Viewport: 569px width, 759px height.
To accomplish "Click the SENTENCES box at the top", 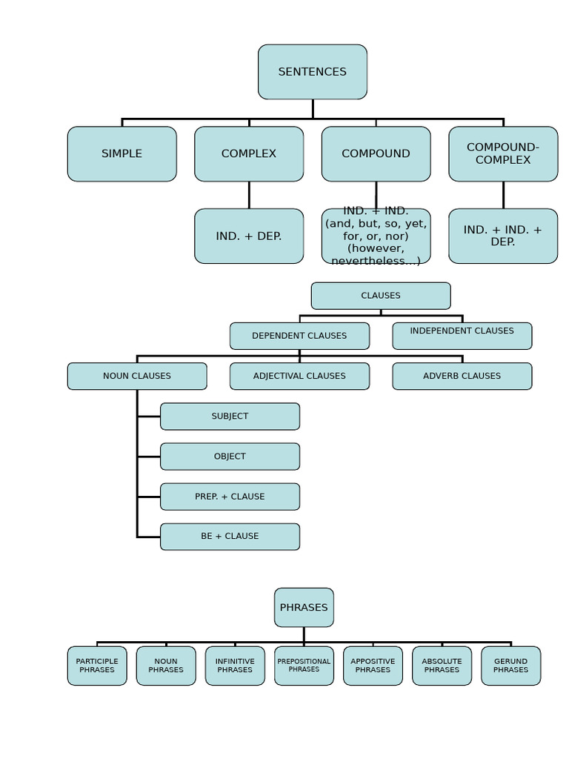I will coord(312,72).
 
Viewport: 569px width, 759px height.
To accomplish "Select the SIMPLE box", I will coord(122,154).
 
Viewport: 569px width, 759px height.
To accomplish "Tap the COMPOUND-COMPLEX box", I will coord(503,154).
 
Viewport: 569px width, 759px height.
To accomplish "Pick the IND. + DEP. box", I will coord(249,236).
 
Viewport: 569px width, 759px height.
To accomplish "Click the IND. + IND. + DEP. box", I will coord(503,236).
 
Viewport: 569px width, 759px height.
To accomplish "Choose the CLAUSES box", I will coord(380,296).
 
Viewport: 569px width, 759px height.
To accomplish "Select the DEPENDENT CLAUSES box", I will coord(299,336).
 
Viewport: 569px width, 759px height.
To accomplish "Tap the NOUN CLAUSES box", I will coord(137,377).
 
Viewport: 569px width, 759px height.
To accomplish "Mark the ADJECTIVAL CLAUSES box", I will coord(299,377).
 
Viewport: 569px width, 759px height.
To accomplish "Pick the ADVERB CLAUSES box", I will coord(462,377).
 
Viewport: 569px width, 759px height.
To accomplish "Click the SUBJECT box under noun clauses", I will coord(230,417).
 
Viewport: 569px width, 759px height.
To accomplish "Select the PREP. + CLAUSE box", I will coord(230,497).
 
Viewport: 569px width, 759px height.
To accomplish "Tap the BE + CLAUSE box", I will coord(230,537).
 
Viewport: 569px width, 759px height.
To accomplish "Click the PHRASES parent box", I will coord(304,608).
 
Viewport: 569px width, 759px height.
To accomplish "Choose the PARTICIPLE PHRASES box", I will coord(97,666).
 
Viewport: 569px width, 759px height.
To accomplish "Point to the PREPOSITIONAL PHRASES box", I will coord(304,666).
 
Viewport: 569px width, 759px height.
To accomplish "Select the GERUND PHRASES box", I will coord(510,666).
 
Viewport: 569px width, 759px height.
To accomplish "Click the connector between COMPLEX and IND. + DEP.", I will coord(249,195).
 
